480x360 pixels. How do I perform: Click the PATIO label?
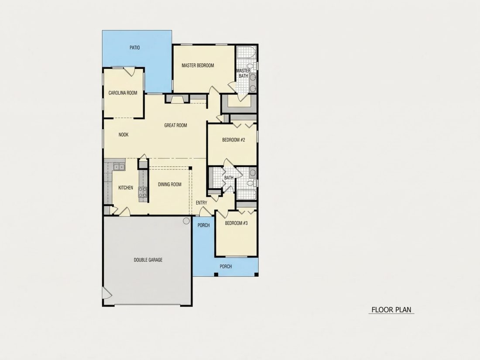coord(135,48)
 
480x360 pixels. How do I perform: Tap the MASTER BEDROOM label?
coord(198,65)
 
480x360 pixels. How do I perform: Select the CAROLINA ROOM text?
coord(123,93)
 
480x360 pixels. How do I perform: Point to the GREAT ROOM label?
coord(175,125)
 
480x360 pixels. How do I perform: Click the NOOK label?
coord(123,135)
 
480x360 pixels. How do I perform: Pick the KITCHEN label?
coord(126,188)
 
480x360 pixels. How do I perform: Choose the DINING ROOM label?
coord(170,184)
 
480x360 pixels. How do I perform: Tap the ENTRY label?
coord(202,202)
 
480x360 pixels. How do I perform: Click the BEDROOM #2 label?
coord(233,140)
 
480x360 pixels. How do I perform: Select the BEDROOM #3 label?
coord(236,223)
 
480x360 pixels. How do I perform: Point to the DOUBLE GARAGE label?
coord(148,260)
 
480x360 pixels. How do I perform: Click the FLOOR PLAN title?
coord(391,310)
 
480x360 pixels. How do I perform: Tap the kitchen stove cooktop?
coord(143,192)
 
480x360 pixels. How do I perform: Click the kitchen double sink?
coord(119,167)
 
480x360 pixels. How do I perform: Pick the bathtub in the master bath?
coord(246,52)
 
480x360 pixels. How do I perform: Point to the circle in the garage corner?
coord(186,221)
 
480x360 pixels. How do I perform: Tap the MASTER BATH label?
coord(243,73)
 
